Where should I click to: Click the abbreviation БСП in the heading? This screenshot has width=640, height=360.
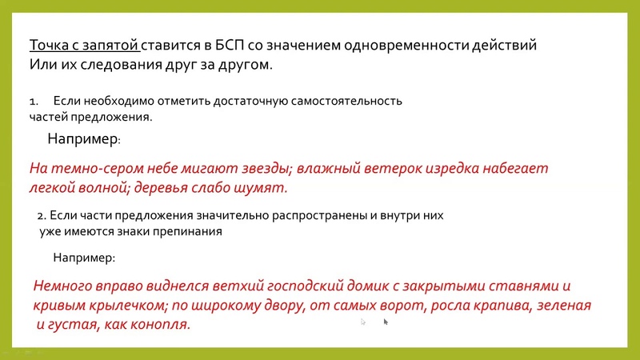tap(224, 45)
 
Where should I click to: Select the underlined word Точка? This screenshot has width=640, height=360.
tap(49, 45)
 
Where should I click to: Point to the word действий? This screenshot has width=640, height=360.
tap(504, 45)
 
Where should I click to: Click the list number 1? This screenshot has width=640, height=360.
tap(34, 102)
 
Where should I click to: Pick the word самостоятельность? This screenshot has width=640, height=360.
tap(346, 101)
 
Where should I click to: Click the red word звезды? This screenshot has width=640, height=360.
tap(267, 169)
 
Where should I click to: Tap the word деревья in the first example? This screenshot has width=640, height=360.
tap(161, 188)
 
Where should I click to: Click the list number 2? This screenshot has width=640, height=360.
tap(42, 216)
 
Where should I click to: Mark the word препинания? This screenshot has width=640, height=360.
tap(187, 232)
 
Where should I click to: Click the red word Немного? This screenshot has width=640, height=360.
tap(62, 286)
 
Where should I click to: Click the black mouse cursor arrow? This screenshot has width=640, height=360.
tap(386, 322)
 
